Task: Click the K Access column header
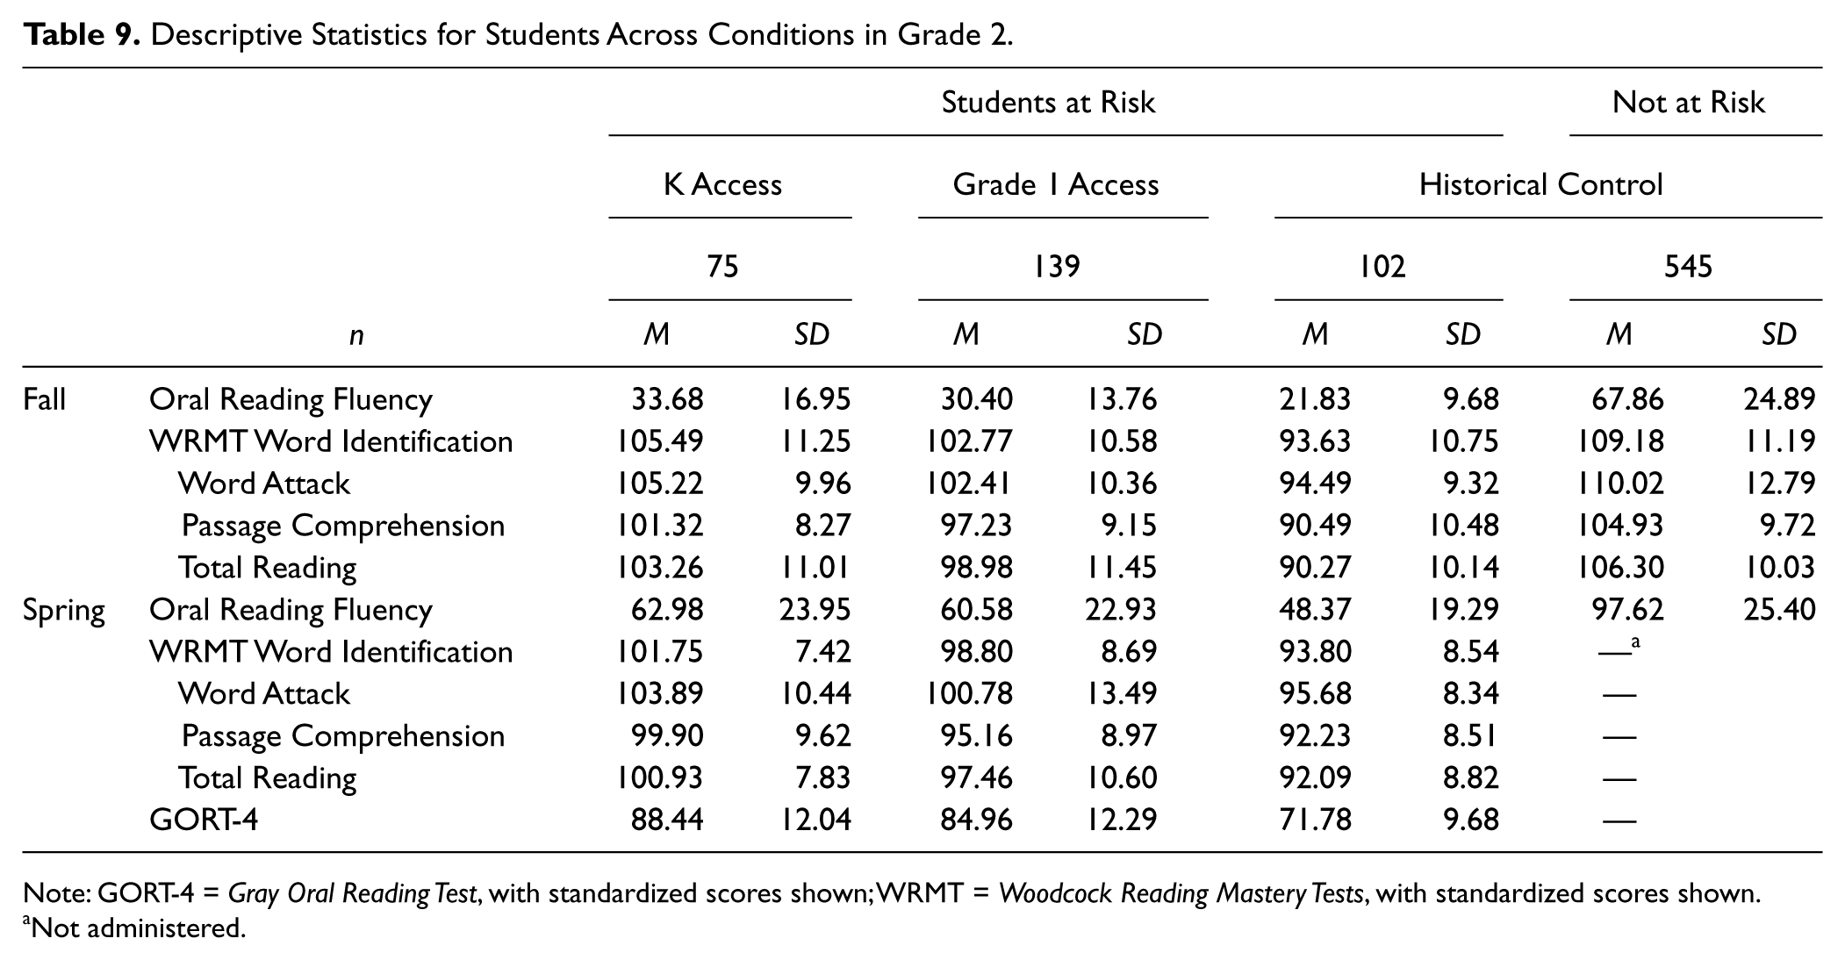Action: [x=722, y=184]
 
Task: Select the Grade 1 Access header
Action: [x=1056, y=184]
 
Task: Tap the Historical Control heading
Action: [x=1540, y=184]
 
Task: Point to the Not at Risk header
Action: [x=1688, y=103]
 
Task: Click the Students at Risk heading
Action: [x=1048, y=103]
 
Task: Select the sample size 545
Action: [x=1688, y=266]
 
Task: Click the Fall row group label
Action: [x=44, y=399]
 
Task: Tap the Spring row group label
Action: [x=64, y=611]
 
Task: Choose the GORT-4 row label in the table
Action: [x=204, y=820]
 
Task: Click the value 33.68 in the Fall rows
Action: [x=667, y=399]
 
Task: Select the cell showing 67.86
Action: [x=1627, y=399]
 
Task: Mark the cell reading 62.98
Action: [x=667, y=610]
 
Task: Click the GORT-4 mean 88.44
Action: [x=667, y=820]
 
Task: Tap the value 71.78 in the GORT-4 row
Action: [x=1315, y=820]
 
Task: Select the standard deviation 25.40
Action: [x=1779, y=610]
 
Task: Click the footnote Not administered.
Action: [x=134, y=928]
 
